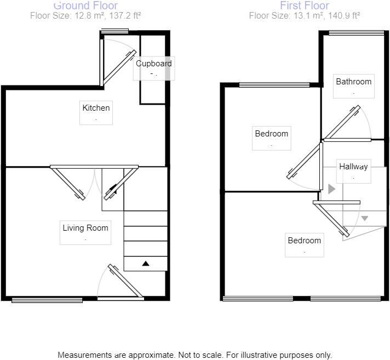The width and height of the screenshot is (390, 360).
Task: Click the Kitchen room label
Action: [x=96, y=108]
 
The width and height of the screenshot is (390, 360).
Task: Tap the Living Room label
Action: [x=85, y=228]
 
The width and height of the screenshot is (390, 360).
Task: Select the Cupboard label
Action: [x=154, y=64]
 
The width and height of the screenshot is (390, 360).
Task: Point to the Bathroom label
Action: [x=353, y=82]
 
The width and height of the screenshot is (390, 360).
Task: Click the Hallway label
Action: [x=353, y=167]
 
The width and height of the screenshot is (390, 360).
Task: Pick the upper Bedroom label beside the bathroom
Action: [x=271, y=134]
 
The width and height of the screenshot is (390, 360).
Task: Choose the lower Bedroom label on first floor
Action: [x=304, y=241]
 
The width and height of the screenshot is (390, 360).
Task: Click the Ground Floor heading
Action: [x=85, y=5]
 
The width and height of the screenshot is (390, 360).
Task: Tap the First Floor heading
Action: [x=305, y=5]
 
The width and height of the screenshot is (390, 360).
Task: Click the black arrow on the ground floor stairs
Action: [x=146, y=264]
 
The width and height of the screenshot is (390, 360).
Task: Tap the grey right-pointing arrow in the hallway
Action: [x=331, y=189]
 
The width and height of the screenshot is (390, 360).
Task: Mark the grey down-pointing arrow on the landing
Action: [x=365, y=219]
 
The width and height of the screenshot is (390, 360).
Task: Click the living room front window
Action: [x=47, y=300]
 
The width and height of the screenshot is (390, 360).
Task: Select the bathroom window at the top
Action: [x=357, y=33]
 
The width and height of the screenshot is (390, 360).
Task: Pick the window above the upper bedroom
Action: [x=274, y=85]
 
